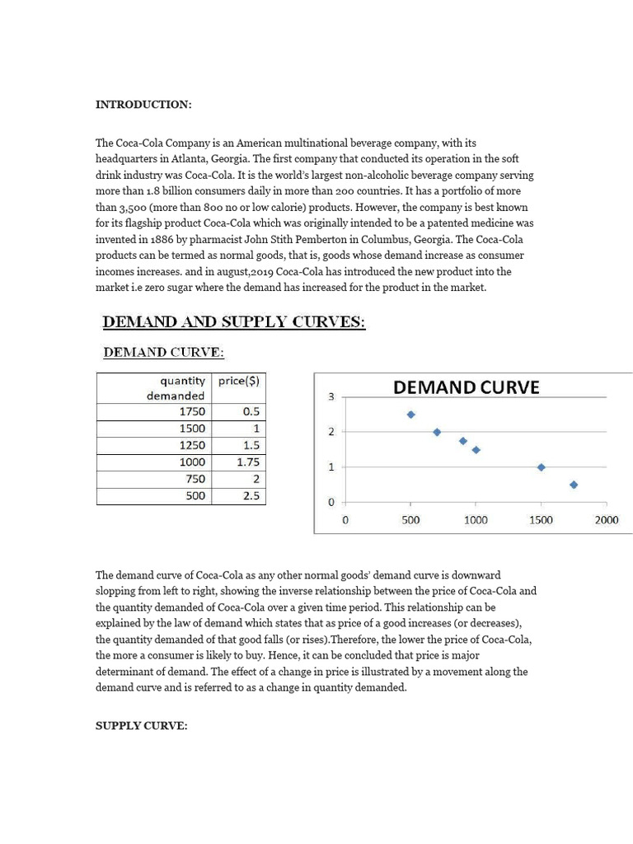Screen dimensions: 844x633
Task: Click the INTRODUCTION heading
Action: tap(143, 105)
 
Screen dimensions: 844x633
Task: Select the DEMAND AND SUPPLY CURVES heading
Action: tap(233, 321)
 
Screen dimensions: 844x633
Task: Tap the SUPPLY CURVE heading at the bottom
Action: tap(142, 725)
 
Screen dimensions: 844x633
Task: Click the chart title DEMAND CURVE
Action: tap(466, 387)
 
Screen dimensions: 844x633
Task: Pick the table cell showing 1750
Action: tap(192, 411)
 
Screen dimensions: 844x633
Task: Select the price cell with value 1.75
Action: tap(247, 462)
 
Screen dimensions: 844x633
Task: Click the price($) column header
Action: tap(239, 381)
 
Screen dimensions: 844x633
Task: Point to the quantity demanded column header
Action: tap(176, 388)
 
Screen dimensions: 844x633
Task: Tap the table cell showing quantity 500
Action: tap(195, 496)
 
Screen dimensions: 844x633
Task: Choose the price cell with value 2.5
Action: tap(251, 496)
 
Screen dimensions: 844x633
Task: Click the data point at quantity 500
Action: tap(411, 415)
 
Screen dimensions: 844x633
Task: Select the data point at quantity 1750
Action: tap(574, 485)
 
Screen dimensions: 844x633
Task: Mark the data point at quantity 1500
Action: tap(542, 467)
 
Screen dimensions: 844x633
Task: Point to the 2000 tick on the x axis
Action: tap(606, 520)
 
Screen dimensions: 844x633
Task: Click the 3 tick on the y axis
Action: tap(331, 397)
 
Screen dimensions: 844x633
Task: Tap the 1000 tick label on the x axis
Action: tap(476, 520)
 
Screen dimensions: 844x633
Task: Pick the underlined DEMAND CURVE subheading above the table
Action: tap(163, 353)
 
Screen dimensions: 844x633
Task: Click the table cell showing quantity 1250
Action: tap(192, 445)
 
